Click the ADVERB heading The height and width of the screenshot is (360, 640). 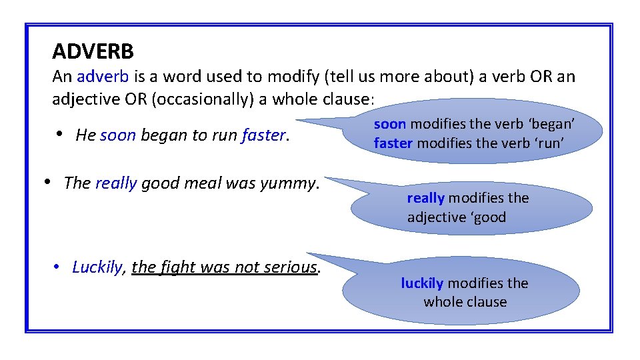pos(93,51)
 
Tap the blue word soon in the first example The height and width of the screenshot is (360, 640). pos(118,135)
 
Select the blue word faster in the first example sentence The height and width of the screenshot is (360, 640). pos(264,135)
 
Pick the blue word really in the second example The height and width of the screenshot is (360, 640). pos(116,183)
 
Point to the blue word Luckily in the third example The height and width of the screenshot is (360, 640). pos(97,267)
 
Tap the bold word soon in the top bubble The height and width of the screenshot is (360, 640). pos(389,125)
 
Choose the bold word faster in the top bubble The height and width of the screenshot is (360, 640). pos(393,143)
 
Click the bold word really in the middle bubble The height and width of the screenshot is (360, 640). pos(425,198)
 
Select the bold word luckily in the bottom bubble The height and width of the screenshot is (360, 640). pos(422,283)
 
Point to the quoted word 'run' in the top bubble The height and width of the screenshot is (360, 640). pos(551,143)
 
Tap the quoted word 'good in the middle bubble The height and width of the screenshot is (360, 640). pos(489,217)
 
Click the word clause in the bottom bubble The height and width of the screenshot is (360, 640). pos(486,302)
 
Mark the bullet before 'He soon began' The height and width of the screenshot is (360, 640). pos(60,134)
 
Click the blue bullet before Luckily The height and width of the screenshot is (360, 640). pos(58,267)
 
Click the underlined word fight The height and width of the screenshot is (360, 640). pos(177,267)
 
